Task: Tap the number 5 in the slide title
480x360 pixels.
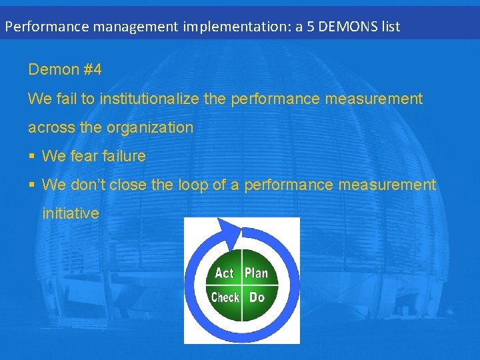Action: coord(311,27)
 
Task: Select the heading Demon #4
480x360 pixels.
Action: coord(65,69)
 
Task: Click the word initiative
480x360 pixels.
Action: coord(71,213)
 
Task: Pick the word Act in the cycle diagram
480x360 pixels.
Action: coord(225,273)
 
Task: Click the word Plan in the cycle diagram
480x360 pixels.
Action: coord(256,273)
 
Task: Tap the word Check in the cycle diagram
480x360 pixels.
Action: coord(225,297)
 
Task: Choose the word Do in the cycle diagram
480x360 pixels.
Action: coord(257,297)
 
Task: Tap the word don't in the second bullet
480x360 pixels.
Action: coord(89,185)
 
